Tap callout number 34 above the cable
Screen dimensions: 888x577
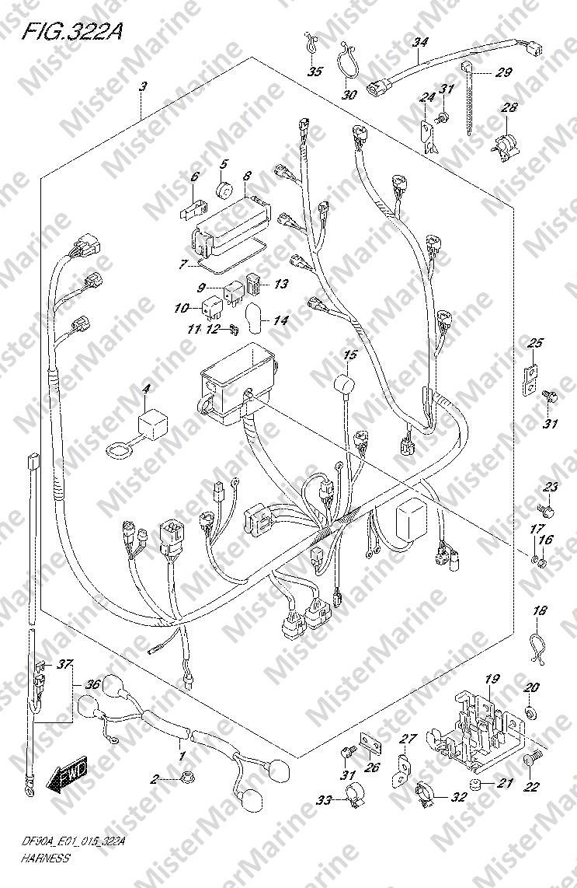(x=420, y=43)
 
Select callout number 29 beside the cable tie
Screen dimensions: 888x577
(x=504, y=73)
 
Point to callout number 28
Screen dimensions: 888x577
(x=509, y=107)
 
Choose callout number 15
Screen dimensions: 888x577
(x=350, y=355)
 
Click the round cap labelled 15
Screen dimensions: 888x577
(x=342, y=386)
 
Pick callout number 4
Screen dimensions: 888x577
(x=146, y=388)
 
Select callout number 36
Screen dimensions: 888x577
(x=93, y=685)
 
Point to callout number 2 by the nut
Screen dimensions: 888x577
(x=154, y=778)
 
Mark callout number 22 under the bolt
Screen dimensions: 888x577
(x=531, y=787)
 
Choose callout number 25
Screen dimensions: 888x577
(x=535, y=343)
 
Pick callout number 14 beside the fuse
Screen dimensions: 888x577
(x=280, y=320)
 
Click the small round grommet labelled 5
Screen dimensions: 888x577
(x=224, y=191)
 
